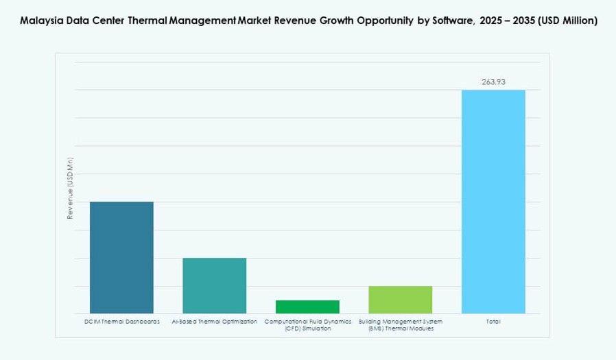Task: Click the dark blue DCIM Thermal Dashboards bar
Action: (121, 257)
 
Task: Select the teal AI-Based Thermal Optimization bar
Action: (214, 285)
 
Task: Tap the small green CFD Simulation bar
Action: (307, 307)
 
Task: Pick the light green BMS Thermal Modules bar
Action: (401, 300)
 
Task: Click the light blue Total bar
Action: (493, 202)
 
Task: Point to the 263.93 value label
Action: (493, 82)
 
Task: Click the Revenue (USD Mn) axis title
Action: (70, 188)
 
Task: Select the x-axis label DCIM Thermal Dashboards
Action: (121, 322)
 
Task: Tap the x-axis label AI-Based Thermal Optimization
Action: (214, 322)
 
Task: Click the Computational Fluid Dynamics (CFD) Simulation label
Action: (307, 325)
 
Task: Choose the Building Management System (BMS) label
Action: (401, 325)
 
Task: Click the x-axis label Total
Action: (493, 322)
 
